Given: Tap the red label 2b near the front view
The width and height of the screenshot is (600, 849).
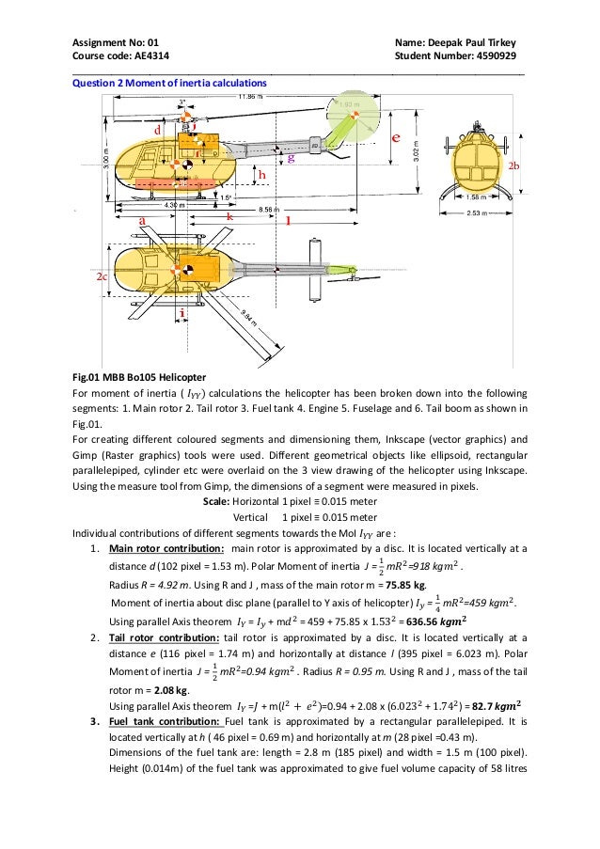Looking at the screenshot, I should pos(513,165).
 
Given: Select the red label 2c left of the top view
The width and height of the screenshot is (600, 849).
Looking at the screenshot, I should pos(102,278).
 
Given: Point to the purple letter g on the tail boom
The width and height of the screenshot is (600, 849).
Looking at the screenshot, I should pos(291,159).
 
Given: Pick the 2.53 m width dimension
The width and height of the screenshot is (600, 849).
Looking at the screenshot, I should pos(477,213).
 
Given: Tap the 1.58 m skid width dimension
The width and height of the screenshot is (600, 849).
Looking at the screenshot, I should pos(477,197).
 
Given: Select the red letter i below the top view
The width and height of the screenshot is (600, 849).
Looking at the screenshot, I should pos(182,312).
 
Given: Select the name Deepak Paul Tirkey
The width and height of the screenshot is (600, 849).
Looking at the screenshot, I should pos(478,43).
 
